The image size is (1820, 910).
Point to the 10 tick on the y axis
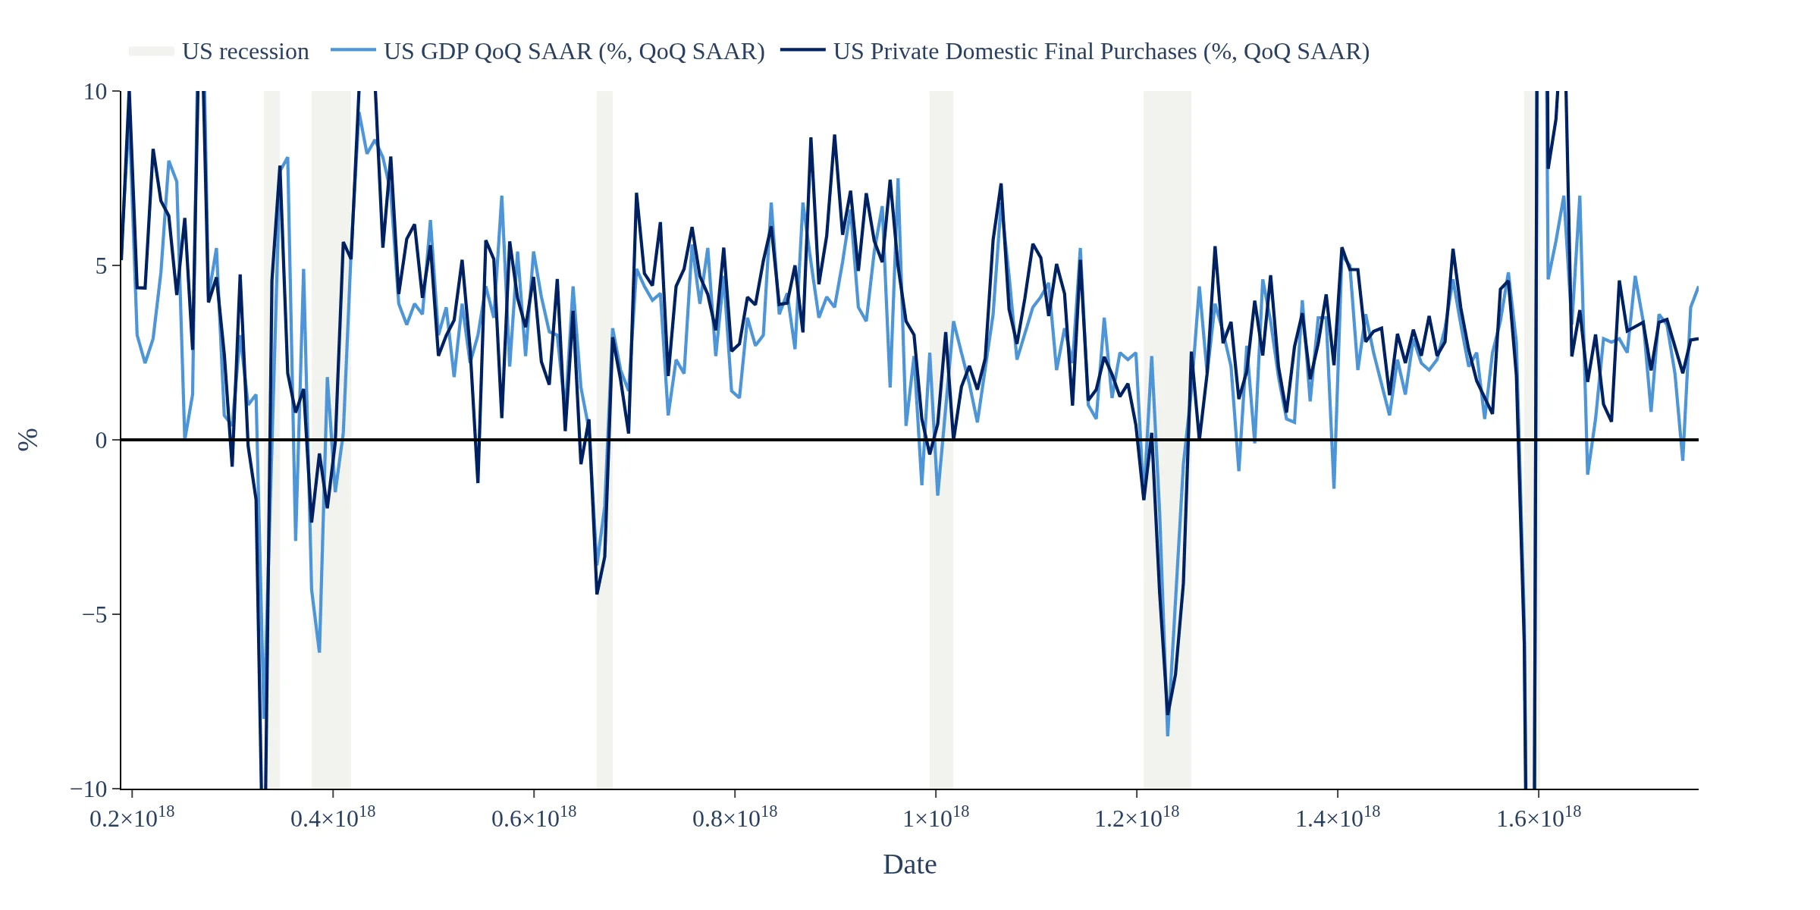(96, 92)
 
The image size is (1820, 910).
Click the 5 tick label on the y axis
(102, 266)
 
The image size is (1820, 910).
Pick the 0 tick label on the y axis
(102, 441)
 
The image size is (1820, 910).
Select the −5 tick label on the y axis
(94, 615)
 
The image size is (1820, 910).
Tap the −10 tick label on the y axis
(89, 789)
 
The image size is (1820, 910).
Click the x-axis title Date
(909, 864)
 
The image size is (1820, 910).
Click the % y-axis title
(28, 440)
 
